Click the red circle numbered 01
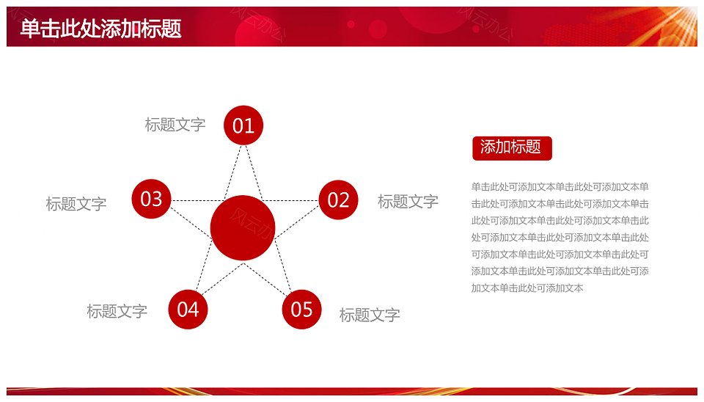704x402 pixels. tap(243, 125)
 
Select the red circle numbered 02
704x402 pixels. tap(338, 200)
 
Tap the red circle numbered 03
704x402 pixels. tap(151, 199)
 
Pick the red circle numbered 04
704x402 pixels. tap(188, 310)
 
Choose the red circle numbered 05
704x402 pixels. tap(301, 310)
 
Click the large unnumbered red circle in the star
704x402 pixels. tap(243, 227)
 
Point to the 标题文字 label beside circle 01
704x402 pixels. tap(175, 125)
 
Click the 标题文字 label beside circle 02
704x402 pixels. tap(408, 202)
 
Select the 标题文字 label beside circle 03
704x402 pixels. tap(76, 204)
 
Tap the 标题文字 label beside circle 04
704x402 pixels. tap(117, 311)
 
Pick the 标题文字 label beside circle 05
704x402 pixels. tap(370, 315)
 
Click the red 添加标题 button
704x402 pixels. tap(512, 148)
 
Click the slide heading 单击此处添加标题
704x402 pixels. tap(101, 29)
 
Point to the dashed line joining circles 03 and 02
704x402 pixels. tap(245, 200)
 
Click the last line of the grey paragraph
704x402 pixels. tap(527, 288)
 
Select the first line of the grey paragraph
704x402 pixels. tap(560, 187)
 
